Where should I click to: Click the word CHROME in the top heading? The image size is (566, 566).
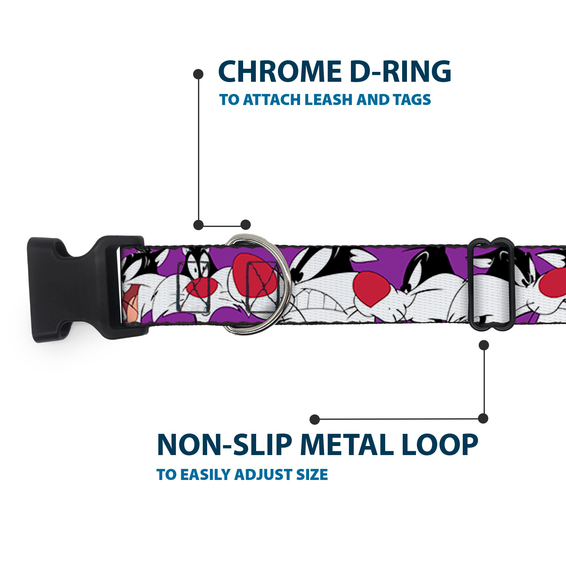278,72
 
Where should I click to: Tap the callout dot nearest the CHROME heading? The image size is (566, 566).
198,74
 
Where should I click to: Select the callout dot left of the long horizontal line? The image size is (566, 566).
315,419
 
